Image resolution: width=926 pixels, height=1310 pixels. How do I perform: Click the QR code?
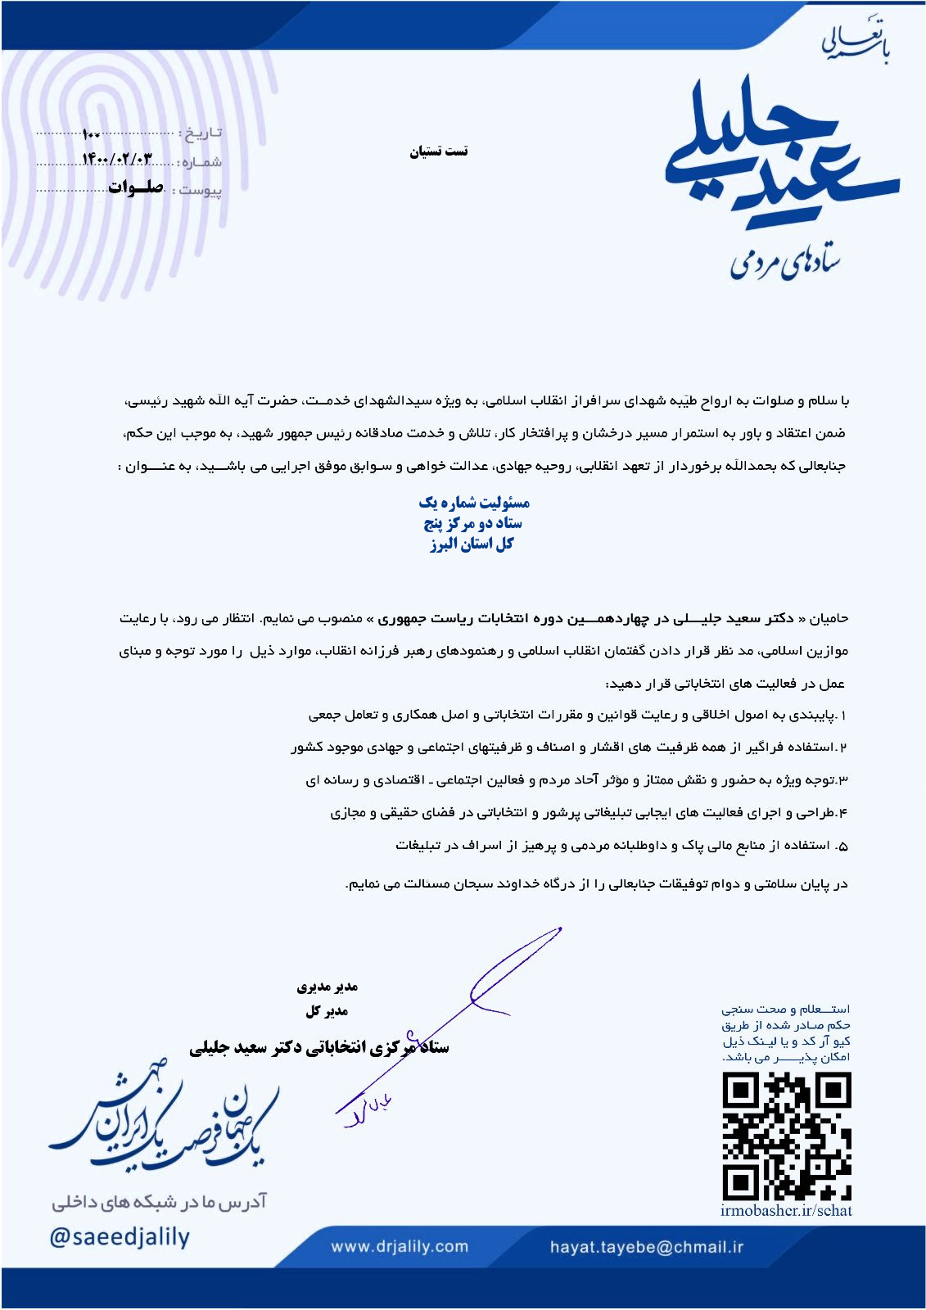(x=786, y=1136)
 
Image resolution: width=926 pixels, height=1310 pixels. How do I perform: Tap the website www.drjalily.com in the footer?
(x=400, y=1247)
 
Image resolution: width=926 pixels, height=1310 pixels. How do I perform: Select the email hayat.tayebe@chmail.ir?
(x=647, y=1247)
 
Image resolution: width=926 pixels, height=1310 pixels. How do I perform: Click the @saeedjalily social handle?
(x=120, y=1236)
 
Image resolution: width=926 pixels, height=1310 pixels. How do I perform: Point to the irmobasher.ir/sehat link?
(x=786, y=1211)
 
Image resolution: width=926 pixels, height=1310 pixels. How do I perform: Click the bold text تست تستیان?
(x=439, y=151)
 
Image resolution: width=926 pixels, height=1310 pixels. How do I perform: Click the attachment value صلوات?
(x=136, y=187)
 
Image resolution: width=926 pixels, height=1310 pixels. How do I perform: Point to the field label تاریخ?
(x=201, y=133)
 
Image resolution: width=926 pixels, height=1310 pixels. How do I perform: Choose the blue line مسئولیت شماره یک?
(x=474, y=502)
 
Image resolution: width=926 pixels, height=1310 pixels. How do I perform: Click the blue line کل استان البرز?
(x=472, y=544)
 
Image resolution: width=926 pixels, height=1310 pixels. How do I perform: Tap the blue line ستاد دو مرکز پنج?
(x=472, y=523)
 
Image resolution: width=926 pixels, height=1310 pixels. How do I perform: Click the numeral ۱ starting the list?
(x=843, y=716)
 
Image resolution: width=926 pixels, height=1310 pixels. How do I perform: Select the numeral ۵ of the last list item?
(x=843, y=846)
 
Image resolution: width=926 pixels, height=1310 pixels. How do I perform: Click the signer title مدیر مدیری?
(x=327, y=987)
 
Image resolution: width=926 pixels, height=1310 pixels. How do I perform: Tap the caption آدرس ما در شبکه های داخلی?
(x=160, y=1202)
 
